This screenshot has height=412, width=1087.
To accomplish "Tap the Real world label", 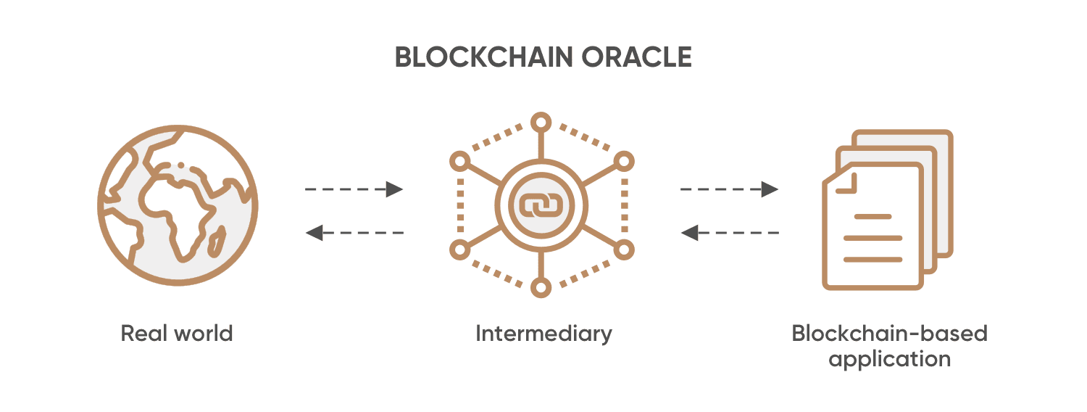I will coord(177,334).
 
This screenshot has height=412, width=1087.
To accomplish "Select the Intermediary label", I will coord(543,334).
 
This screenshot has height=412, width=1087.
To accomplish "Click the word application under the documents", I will coord(889,359).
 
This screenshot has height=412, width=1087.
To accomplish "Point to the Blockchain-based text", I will coord(889,334).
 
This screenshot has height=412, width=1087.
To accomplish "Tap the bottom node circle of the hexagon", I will coord(540,287).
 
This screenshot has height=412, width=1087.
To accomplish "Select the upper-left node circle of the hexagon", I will coord(459,161).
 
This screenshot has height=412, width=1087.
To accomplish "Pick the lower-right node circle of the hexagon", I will coord(623,250).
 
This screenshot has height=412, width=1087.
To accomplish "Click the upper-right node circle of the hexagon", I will coord(623,161).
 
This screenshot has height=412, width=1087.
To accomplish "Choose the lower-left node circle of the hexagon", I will coord(459,250).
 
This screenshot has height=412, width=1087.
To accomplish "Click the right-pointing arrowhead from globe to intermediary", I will coord(394,189).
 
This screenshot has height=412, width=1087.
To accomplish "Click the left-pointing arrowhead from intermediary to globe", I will coord(314,233).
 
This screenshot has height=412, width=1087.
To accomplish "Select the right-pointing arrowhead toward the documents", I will coord(770,189).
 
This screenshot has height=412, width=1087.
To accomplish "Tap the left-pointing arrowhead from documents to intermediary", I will coord(689,233).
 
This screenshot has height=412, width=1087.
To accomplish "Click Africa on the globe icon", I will coord(174,210).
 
